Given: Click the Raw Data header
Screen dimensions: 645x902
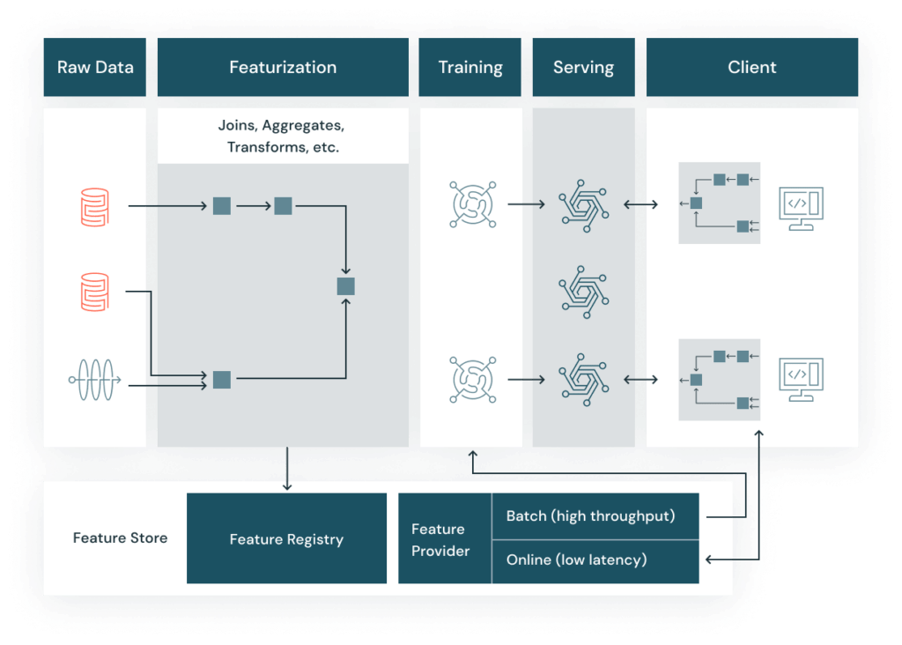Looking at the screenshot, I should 95,67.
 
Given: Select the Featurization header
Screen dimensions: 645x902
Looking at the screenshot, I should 283,67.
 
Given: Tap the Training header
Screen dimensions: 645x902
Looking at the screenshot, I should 470,67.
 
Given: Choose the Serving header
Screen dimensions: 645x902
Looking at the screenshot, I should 583,67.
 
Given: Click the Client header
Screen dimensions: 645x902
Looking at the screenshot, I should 752,67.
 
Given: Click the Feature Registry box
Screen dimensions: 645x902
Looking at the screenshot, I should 286,539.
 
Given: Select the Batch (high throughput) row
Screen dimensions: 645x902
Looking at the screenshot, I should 590,516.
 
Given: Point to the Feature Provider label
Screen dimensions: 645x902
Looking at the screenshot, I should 440,539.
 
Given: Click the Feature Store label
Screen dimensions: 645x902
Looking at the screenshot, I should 120,537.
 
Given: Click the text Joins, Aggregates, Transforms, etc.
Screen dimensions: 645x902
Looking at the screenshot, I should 283,137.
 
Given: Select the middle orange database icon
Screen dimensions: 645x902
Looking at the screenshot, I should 94,292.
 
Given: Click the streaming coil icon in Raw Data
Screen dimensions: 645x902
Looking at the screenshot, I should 94,381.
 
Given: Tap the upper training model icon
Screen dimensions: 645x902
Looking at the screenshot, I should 473,204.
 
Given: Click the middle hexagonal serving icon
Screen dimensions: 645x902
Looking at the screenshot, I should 584,292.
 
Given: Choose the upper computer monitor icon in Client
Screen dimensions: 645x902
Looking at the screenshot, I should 802,207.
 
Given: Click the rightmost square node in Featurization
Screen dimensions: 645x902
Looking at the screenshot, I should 345,285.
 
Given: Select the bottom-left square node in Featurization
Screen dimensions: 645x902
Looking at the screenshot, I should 222,380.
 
